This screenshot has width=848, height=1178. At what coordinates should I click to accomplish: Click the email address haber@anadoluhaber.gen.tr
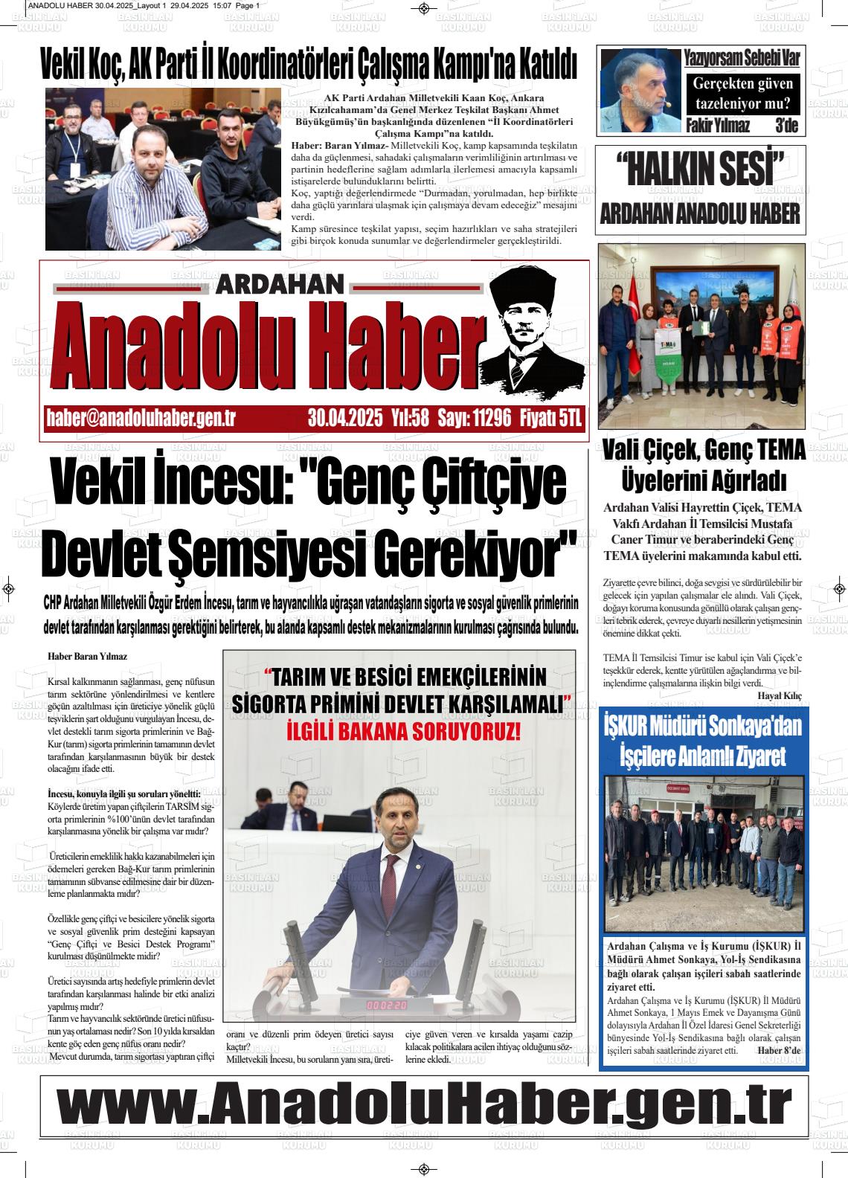141,419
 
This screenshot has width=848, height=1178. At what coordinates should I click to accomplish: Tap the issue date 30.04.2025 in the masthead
346,419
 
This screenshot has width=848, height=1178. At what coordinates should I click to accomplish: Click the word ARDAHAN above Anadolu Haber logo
282,285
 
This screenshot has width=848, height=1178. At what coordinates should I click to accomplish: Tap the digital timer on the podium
387,1005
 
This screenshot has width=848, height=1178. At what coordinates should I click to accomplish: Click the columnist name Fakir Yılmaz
718,125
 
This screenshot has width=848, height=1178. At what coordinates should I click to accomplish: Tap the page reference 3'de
786,125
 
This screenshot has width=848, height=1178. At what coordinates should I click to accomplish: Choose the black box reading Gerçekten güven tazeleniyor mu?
742,94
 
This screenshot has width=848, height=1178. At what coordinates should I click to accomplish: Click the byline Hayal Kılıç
780,695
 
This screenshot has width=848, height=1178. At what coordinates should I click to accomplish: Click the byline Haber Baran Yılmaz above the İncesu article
87,657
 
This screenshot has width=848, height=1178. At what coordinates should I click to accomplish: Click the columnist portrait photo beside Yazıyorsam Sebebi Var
640,91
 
